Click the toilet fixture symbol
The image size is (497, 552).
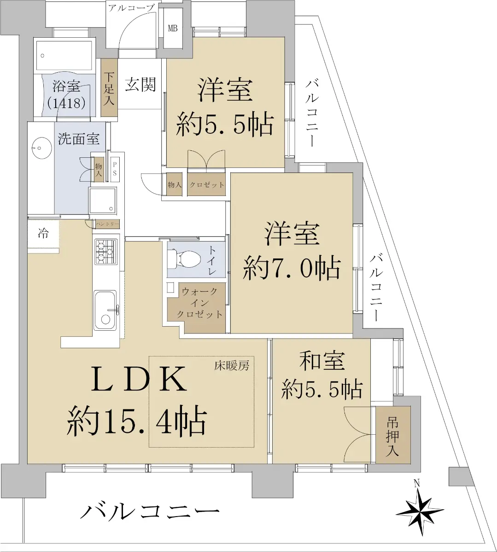click(x=184, y=259)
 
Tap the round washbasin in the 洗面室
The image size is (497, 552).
click(x=41, y=148)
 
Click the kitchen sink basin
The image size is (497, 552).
click(x=105, y=310)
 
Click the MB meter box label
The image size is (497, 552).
click(x=173, y=28)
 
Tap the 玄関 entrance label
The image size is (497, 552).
click(x=140, y=84)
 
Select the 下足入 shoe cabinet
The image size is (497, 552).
click(x=109, y=87)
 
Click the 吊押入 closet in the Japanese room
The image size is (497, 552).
click(x=393, y=435)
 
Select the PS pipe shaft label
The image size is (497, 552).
click(x=115, y=169)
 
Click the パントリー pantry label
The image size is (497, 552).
click(x=107, y=224)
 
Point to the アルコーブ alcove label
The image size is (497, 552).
click(x=131, y=8)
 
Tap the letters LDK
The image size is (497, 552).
click(x=139, y=379)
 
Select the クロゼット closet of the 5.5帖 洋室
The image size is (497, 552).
click(x=206, y=184)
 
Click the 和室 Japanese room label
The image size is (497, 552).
click(x=322, y=361)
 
